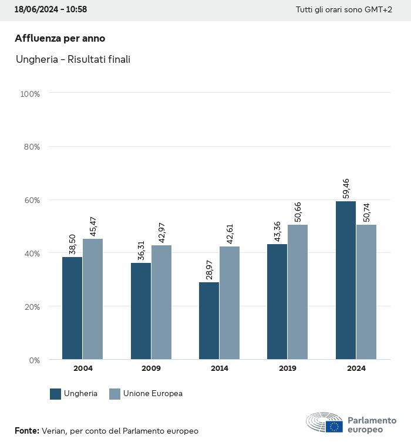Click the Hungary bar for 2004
[x=72, y=308]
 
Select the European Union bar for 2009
[x=161, y=302]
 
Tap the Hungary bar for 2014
[x=209, y=321]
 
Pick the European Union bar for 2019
[x=298, y=292]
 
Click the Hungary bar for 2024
[x=346, y=280]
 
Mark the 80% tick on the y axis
[x=31, y=147]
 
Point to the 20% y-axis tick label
[x=31, y=306]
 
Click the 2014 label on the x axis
[x=220, y=369]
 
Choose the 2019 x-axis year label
[x=288, y=369]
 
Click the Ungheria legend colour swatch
[x=56, y=394]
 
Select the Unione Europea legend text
[x=153, y=394]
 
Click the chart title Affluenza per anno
[x=60, y=39]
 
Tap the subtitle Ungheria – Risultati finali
[x=73, y=59]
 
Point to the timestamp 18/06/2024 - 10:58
[x=50, y=10]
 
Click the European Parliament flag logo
[x=335, y=427]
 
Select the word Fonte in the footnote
[x=26, y=431]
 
